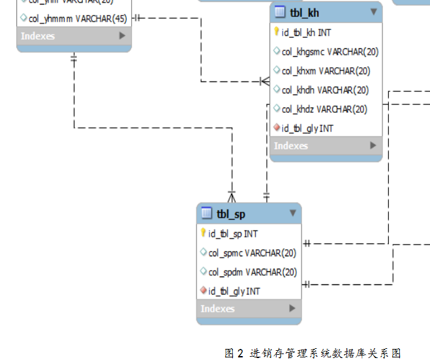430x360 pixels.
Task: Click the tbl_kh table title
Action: pyautogui.click(x=305, y=12)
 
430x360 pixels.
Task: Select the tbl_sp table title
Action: pyautogui.click(x=231, y=214)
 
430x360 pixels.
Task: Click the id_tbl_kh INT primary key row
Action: pyautogui.click(x=306, y=33)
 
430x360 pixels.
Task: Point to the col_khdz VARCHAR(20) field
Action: pyautogui.click(x=324, y=109)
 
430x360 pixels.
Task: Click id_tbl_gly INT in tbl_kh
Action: pyautogui.click(x=307, y=128)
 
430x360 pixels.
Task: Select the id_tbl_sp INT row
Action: pyautogui.click(x=233, y=233)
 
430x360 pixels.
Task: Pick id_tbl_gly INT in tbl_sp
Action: pyautogui.click(x=234, y=292)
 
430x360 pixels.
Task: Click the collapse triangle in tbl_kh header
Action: pyautogui.click(x=374, y=12)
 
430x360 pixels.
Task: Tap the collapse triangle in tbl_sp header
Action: pyautogui.click(x=293, y=213)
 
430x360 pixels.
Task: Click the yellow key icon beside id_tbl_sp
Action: pyautogui.click(x=204, y=233)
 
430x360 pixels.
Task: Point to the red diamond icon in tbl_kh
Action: pyautogui.click(x=277, y=128)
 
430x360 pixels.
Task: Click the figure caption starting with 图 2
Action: pyautogui.click(x=313, y=353)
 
